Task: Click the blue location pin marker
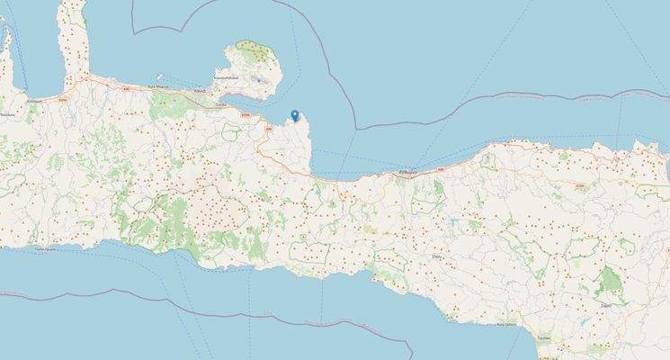[x=295, y=114]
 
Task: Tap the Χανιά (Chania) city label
[x=200, y=92]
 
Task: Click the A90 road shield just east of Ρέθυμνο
[x=441, y=168]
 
